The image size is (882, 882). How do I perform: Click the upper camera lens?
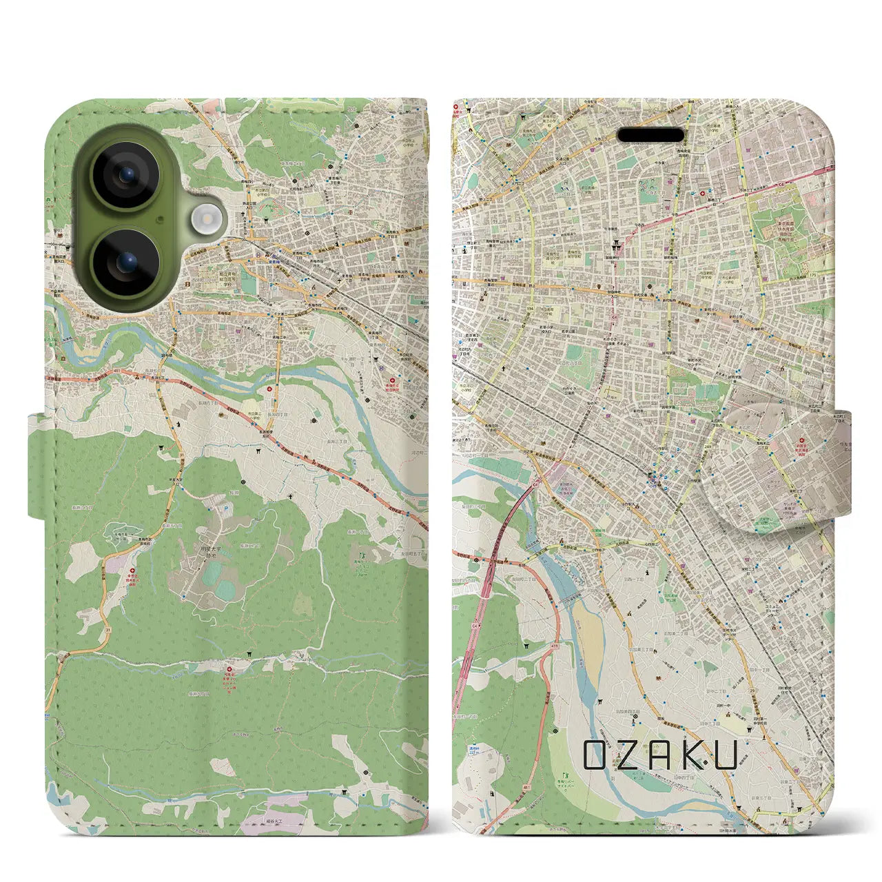pyautogui.click(x=126, y=175)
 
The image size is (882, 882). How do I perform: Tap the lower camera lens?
pyautogui.click(x=126, y=263)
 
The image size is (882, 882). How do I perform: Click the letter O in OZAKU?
pyautogui.click(x=597, y=755)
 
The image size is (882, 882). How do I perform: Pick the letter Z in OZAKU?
pyautogui.click(x=628, y=755)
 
